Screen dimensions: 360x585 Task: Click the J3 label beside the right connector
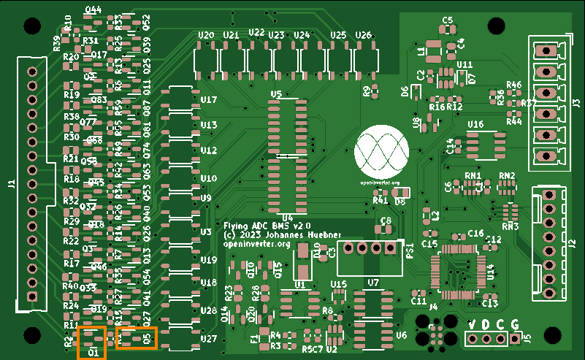tap(576, 103)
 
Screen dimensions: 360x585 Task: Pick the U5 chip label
tap(276, 95)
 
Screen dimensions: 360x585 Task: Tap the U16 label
tap(475, 125)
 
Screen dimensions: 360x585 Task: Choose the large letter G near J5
tap(515, 323)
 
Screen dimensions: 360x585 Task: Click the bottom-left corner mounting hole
tap(31, 335)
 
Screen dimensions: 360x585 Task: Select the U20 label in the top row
tap(207, 35)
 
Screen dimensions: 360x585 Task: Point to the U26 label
tap(363, 35)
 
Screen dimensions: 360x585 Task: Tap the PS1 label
tap(410, 253)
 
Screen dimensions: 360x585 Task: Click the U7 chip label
tap(373, 282)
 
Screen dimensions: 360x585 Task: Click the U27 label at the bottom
tap(209, 339)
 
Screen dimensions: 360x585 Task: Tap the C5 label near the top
tap(447, 20)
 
